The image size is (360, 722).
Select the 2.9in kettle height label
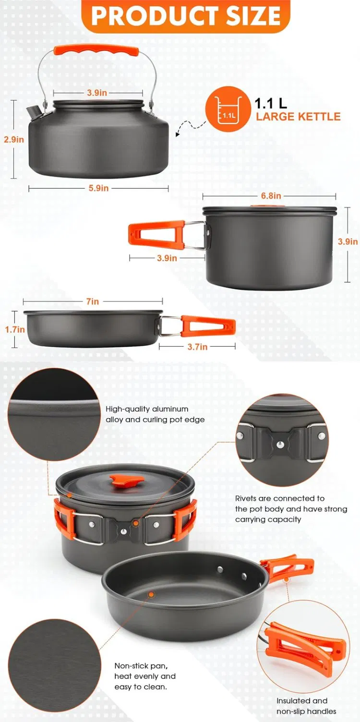coord(14,140)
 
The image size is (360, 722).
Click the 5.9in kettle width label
coord(98,188)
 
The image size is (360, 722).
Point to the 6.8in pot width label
coord(271,195)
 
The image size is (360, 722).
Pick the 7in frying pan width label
coord(93,301)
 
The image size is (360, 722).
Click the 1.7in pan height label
coord(14,329)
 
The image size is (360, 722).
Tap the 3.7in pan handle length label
coord(197,347)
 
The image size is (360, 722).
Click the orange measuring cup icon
coord(228,109)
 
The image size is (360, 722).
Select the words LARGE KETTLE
coord(298,117)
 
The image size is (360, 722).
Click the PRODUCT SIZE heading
coord(186,15)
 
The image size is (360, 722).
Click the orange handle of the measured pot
coord(156,234)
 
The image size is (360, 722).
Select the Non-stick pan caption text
coord(145,676)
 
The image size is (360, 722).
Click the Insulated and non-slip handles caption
coord(306,706)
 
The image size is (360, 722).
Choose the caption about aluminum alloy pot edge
coord(155,414)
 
